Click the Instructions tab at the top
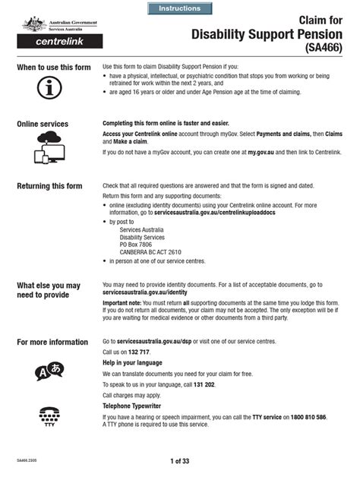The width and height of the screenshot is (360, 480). coord(180,8)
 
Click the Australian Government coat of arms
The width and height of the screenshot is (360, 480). coord(34,24)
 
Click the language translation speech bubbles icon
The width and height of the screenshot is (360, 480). coord(49,371)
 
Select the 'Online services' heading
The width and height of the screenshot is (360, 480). coord(43,124)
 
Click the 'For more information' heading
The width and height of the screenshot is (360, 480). coord(52,343)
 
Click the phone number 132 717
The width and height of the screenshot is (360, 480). coord(137,352)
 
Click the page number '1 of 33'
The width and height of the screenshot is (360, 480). coord(180,461)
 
